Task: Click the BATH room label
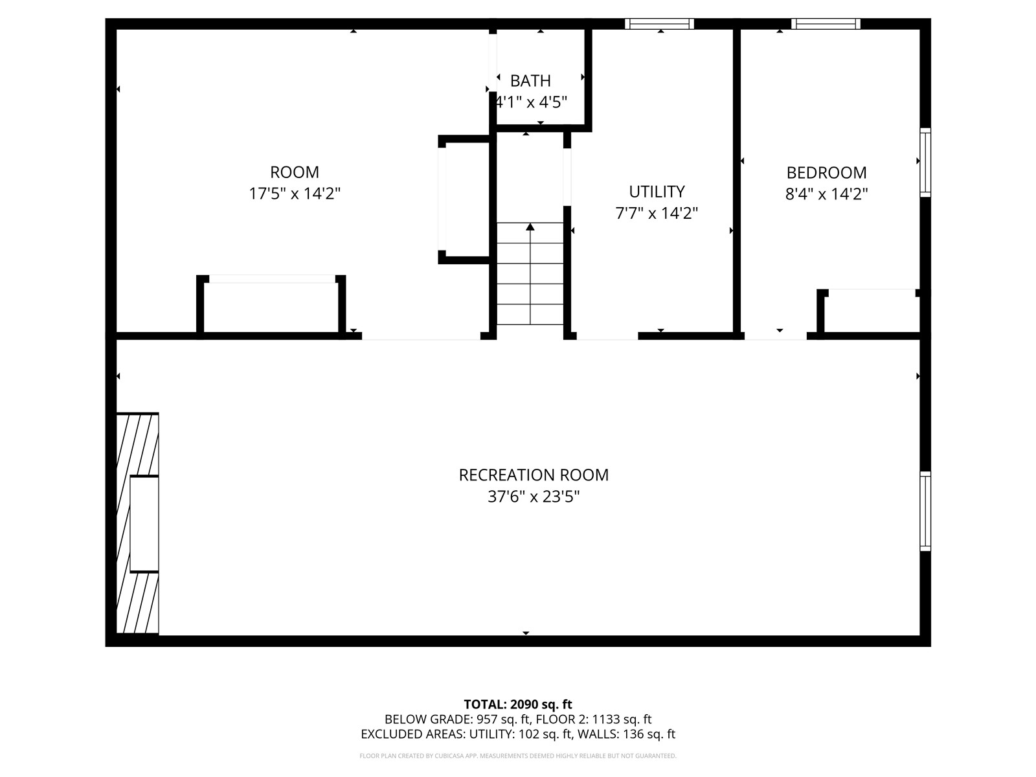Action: click(530, 81)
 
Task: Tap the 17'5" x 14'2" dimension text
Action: click(295, 194)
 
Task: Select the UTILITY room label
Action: click(657, 192)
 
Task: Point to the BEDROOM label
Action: click(826, 173)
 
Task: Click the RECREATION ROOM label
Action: click(534, 475)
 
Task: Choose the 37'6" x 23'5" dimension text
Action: click(534, 497)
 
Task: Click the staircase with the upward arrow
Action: click(530, 273)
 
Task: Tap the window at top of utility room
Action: click(659, 24)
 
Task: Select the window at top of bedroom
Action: click(826, 24)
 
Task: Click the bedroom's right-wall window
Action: click(925, 162)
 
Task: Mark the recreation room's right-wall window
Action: click(925, 512)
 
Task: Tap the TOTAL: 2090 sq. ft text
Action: click(518, 704)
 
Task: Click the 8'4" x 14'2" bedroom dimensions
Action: click(826, 194)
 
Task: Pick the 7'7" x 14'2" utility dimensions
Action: click(657, 213)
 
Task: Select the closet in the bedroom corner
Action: click(871, 313)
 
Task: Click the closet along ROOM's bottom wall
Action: click(271, 308)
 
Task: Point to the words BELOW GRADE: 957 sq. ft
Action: click(456, 719)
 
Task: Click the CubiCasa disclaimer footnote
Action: click(518, 756)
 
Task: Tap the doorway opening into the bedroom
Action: click(775, 335)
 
